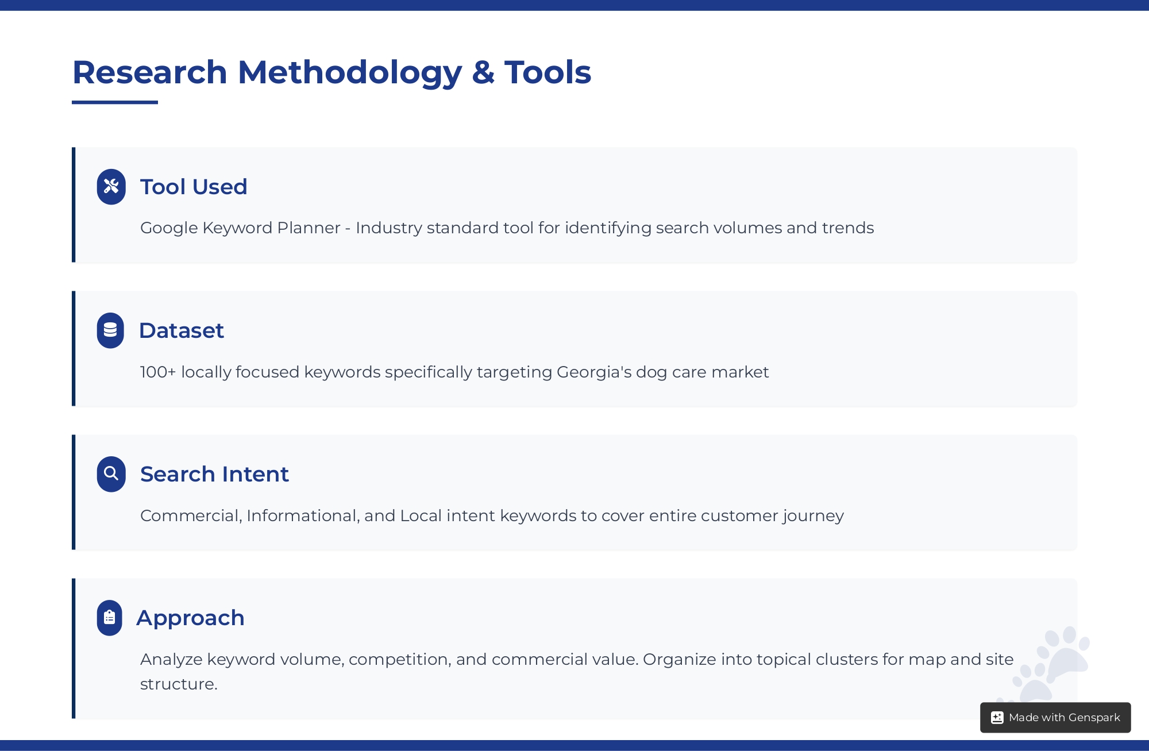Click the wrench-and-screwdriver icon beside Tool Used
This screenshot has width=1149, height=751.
coord(111,187)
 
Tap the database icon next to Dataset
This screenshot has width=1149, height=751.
coord(110,330)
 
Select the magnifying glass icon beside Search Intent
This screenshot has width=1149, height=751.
coord(111,474)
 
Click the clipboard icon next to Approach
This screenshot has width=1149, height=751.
coord(110,618)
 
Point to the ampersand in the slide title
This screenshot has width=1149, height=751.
coord(483,72)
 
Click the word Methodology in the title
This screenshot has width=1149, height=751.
coord(350,74)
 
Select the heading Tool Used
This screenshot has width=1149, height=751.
coord(194,187)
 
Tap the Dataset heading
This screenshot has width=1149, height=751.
coord(182,330)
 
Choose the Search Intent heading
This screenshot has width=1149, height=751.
coord(214,474)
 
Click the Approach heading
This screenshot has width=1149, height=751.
coord(191,618)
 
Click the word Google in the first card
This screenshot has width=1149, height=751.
coord(169,228)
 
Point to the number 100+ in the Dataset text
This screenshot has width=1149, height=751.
coord(158,372)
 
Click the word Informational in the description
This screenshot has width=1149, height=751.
coord(303,516)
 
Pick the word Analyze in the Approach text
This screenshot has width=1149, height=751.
coord(171,660)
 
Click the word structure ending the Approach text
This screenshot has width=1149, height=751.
coord(179,684)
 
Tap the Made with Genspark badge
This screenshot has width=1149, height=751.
coord(1055,717)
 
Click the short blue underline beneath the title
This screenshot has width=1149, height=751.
coord(115,102)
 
